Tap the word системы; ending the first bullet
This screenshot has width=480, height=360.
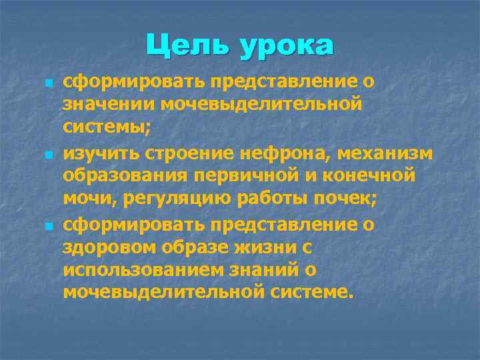click(x=99, y=126)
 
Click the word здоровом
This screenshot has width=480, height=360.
click(x=105, y=248)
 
